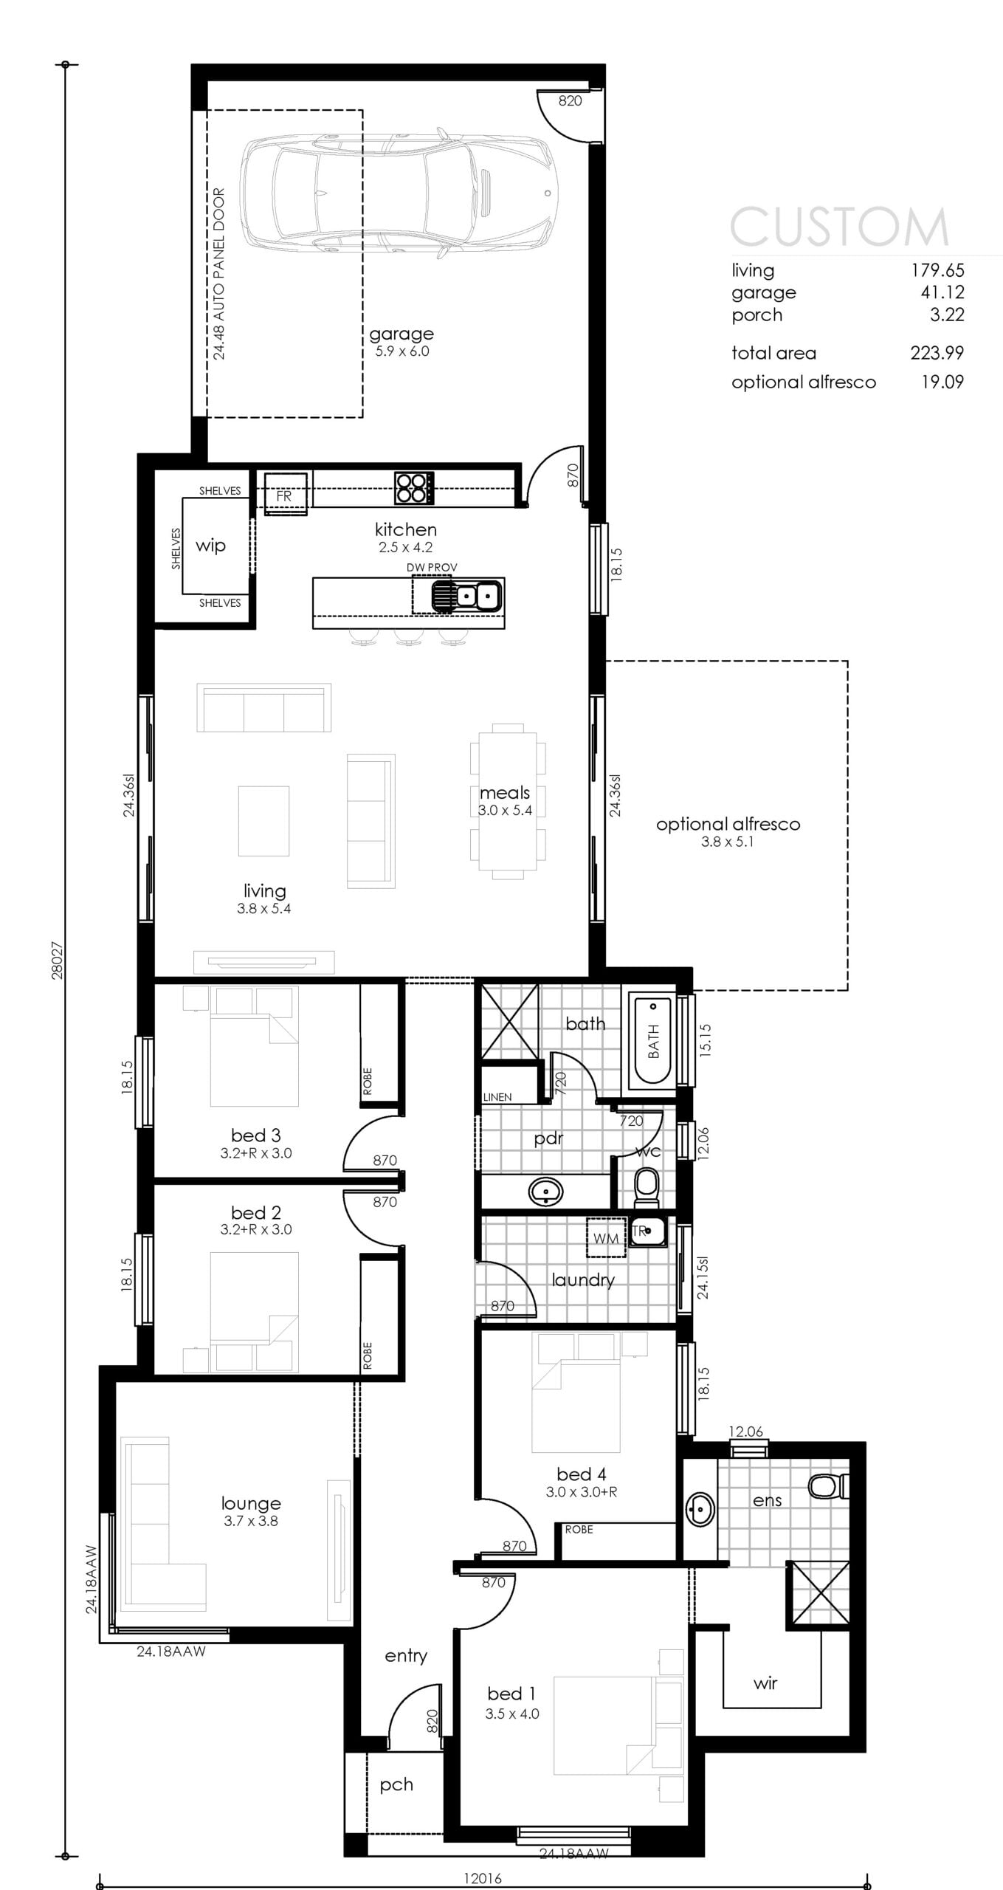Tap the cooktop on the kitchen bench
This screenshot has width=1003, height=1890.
(x=414, y=488)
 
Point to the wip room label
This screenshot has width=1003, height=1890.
(x=210, y=546)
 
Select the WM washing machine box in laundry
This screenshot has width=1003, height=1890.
(x=606, y=1237)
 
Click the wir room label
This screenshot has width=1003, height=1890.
(x=765, y=1683)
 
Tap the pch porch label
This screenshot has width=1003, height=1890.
(x=396, y=1785)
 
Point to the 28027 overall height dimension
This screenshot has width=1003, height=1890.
(x=57, y=960)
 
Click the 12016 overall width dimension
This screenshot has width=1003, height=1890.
(x=483, y=1878)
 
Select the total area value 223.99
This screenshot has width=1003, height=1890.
(x=937, y=353)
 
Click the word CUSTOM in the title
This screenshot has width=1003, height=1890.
(x=839, y=226)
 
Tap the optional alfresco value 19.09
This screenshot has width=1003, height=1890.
(x=942, y=382)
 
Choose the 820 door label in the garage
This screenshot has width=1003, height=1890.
(x=570, y=101)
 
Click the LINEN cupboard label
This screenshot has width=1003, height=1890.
(x=497, y=1097)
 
